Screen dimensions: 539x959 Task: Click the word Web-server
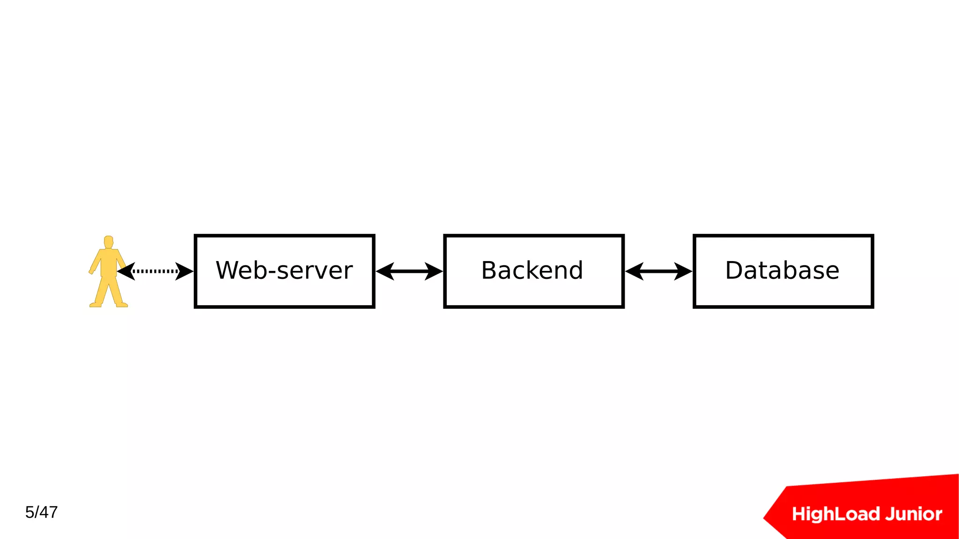pos(284,270)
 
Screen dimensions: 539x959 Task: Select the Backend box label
pos(532,270)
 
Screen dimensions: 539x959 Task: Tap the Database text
pos(782,270)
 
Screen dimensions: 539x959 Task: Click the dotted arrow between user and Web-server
pos(155,271)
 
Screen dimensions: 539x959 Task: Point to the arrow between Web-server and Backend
pos(409,271)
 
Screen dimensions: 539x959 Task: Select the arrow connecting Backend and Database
pos(658,271)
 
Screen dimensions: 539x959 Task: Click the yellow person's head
pos(109,242)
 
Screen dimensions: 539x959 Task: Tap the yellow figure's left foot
pos(96,305)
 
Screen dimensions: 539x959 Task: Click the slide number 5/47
pos(41,512)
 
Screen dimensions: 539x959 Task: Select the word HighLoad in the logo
pos(834,514)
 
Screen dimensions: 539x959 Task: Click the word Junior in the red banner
pos(914,514)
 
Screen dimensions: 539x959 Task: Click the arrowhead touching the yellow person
pos(125,271)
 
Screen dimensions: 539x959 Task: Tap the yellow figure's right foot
pos(122,305)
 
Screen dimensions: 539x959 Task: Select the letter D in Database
pos(734,270)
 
